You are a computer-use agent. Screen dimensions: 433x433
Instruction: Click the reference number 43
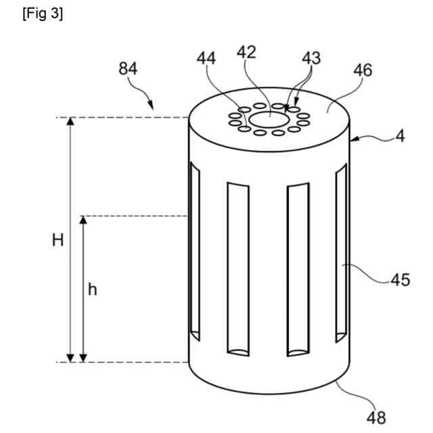pyautogui.click(x=311, y=60)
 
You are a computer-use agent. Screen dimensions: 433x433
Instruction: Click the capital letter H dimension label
pyautogui.click(x=58, y=241)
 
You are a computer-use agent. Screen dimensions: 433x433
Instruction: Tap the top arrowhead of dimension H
pyautogui.click(x=69, y=122)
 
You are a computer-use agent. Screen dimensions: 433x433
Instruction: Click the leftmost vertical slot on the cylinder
pyautogui.click(x=195, y=250)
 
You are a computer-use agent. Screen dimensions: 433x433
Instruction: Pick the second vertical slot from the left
pyautogui.click(x=239, y=267)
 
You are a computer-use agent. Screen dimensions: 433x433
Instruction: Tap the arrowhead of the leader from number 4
pyautogui.click(x=355, y=140)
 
